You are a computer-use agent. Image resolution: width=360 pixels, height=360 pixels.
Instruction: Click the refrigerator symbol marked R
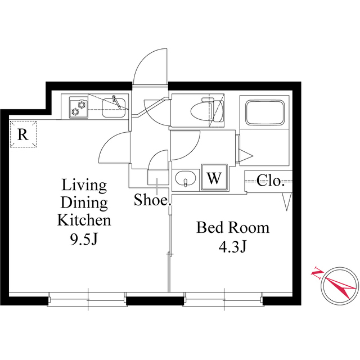[23, 134]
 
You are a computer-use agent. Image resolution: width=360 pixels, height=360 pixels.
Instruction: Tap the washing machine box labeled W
[214, 177]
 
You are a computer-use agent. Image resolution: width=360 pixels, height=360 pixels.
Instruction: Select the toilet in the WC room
[206, 110]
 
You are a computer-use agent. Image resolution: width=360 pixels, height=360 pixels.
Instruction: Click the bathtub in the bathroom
[265, 112]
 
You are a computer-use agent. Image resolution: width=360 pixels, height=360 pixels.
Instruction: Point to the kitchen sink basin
[114, 108]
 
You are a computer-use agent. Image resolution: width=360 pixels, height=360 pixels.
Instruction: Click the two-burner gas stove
[79, 107]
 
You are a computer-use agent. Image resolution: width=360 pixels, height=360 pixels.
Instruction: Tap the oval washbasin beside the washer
[186, 178]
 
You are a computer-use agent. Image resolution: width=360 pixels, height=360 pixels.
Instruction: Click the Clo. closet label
[271, 181]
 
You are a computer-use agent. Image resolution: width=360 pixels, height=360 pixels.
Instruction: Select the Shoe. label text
[152, 199]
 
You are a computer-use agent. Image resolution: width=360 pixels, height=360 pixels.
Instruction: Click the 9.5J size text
[84, 240]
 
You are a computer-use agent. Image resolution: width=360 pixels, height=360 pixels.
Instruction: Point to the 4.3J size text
[232, 247]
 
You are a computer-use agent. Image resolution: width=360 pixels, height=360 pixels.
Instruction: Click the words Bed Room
[233, 228]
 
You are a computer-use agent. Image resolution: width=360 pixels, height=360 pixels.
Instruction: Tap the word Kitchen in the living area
[84, 220]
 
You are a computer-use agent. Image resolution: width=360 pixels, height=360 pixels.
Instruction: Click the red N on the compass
[317, 273]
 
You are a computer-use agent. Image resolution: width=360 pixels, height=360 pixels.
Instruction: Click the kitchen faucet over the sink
[116, 101]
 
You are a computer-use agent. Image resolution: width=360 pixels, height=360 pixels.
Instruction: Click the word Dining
[84, 203]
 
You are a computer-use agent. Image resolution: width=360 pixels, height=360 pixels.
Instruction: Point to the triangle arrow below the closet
[287, 201]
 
